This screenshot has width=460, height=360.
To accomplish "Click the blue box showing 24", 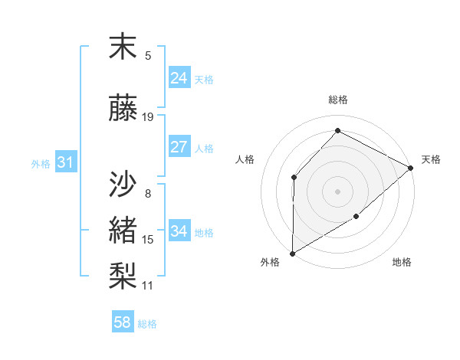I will (179, 78).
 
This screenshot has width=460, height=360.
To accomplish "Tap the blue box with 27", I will (179, 147).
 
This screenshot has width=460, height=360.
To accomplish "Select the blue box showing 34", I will (179, 231).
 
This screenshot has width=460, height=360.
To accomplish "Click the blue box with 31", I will (65, 162).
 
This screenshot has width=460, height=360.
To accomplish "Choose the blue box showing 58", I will (123, 322).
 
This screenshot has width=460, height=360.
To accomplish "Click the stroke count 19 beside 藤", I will (148, 117).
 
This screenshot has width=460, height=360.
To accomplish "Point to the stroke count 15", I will (148, 240).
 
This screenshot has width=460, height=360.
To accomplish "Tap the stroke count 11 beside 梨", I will (148, 286).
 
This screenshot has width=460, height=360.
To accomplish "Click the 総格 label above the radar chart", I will (337, 100).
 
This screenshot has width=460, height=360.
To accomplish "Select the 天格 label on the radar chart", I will (432, 159).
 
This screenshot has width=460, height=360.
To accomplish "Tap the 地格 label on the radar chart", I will (402, 263).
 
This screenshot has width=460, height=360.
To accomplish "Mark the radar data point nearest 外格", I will (292, 254).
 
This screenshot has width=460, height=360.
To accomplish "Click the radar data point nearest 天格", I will (411, 168).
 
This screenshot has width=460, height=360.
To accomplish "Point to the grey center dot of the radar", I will (337, 191).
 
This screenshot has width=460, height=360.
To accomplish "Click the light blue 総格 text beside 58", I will (147, 324).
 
